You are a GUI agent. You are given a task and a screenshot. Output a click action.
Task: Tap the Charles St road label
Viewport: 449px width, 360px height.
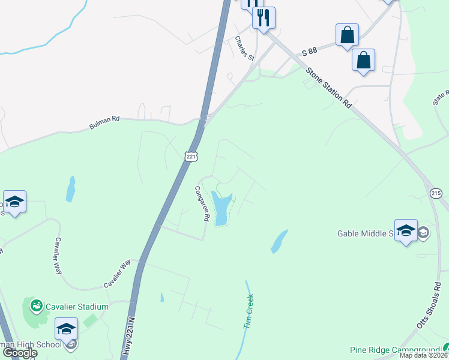point(245,49)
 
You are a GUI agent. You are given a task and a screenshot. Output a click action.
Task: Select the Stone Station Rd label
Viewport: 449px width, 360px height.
point(328,88)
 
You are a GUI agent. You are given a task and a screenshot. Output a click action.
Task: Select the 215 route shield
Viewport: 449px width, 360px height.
point(436,193)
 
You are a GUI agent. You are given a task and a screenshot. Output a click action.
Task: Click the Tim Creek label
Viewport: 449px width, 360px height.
point(249,310)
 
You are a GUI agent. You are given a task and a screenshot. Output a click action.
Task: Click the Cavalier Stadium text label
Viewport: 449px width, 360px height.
point(79,307)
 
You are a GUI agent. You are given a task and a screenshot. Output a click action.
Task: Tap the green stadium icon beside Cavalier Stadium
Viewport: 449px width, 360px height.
point(37,307)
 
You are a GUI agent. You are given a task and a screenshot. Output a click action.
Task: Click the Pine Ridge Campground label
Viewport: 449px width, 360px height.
point(394,350)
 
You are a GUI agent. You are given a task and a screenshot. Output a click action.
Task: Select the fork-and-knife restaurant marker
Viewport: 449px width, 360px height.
point(264,17)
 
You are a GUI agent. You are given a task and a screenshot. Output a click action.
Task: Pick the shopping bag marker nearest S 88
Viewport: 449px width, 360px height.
point(348,34)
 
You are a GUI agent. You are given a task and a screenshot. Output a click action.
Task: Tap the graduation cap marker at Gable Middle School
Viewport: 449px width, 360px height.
point(406,231)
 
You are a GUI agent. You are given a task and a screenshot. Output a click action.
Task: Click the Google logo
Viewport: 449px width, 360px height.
point(20,353)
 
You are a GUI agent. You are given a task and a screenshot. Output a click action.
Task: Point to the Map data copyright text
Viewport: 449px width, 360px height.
point(423,355)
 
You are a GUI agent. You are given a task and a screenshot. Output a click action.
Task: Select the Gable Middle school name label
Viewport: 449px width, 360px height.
point(366,233)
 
